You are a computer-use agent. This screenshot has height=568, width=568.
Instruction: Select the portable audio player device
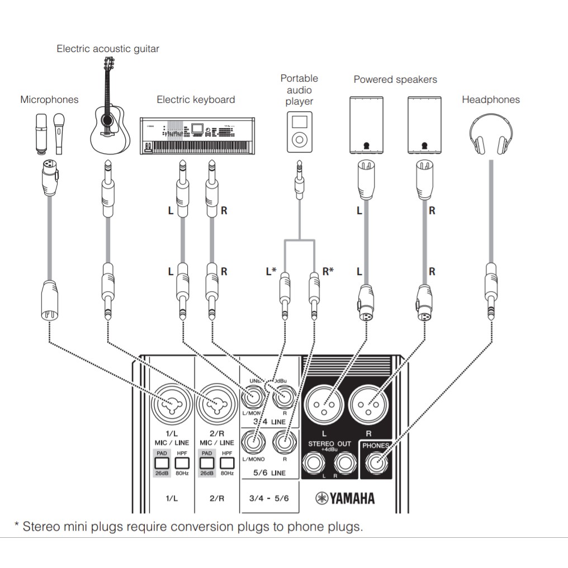pyautogui.click(x=300, y=132)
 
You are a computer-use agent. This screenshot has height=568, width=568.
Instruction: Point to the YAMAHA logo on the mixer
pyautogui.click(x=345, y=498)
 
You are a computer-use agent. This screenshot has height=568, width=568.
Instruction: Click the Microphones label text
pyautogui.click(x=49, y=100)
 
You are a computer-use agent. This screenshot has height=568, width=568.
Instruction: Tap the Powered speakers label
pyautogui.click(x=395, y=79)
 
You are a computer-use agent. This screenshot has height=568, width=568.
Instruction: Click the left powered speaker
pyautogui.click(x=366, y=125)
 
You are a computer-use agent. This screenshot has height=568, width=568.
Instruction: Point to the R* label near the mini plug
pyautogui.click(x=328, y=272)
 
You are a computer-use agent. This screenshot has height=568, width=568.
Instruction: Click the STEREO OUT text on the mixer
pyautogui.click(x=330, y=443)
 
